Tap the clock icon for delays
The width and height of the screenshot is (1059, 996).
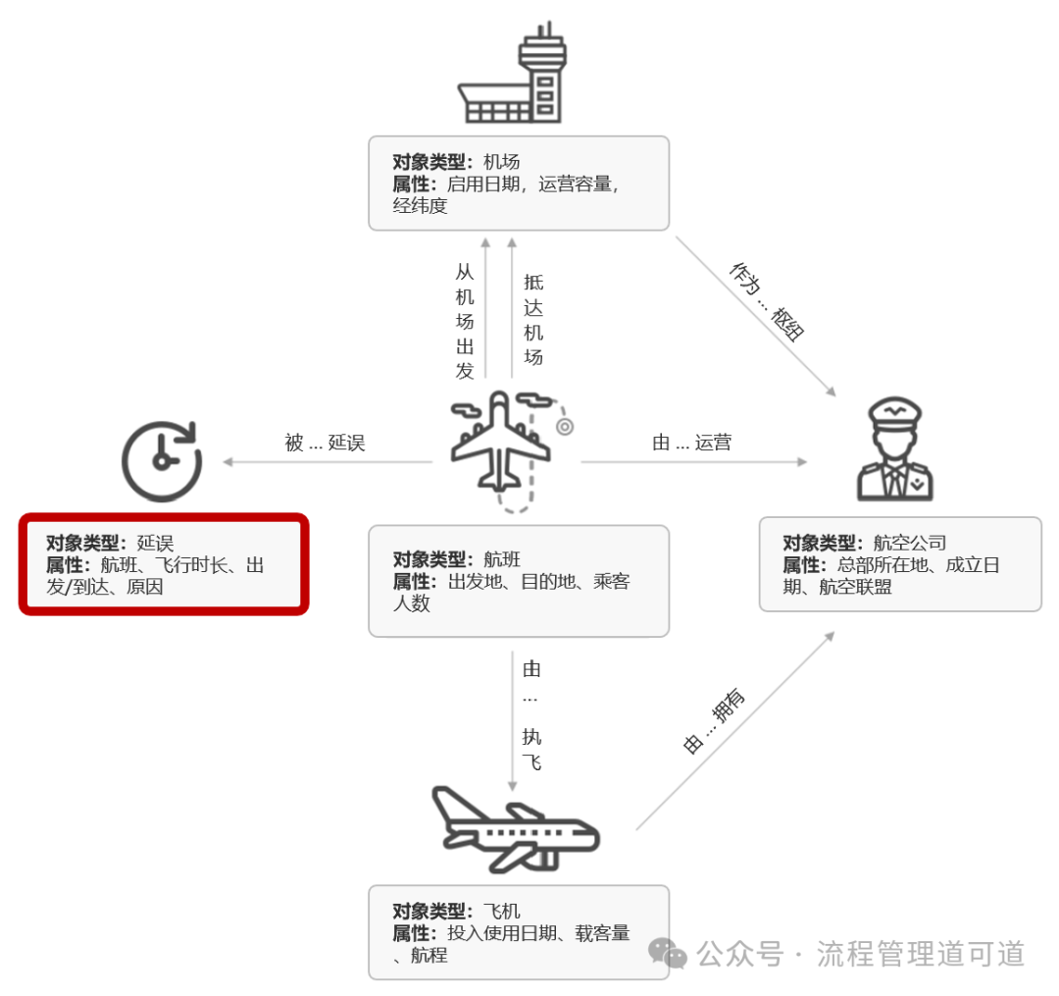pyautogui.click(x=161, y=459)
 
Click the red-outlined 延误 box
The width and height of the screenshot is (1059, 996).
pyautogui.click(x=164, y=564)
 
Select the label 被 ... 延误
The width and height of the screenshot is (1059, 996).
pyautogui.click(x=325, y=443)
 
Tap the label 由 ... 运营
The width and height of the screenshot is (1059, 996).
pyautogui.click(x=691, y=443)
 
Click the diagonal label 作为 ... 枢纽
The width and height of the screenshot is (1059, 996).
pyautogui.click(x=767, y=301)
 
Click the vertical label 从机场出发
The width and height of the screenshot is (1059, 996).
pyautogui.click(x=465, y=321)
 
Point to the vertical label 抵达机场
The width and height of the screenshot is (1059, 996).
pyautogui.click(x=532, y=319)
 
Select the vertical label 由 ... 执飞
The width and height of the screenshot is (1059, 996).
pyautogui.click(x=531, y=715)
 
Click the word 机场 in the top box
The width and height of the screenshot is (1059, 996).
pyautogui.click(x=502, y=163)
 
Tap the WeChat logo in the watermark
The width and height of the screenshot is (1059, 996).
pyautogui.click(x=669, y=952)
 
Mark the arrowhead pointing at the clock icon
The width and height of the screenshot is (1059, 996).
pyautogui.click(x=227, y=461)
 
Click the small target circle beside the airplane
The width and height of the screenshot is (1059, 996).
pyautogui.click(x=564, y=427)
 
